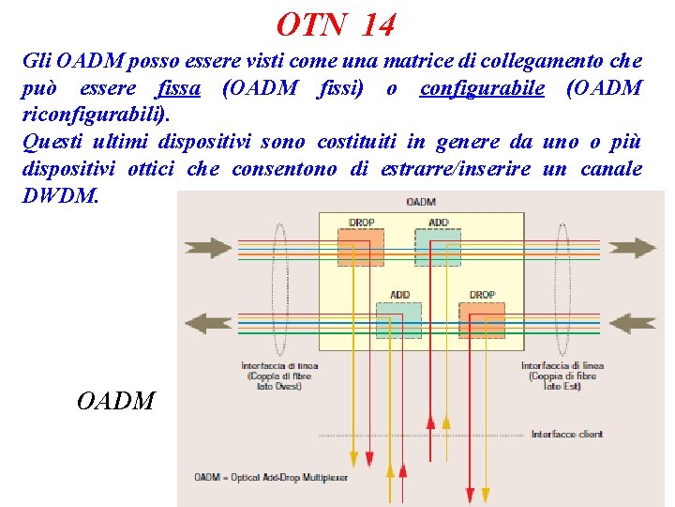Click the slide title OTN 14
tap(337, 24)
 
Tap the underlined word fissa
tap(179, 89)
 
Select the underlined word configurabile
tap(482, 89)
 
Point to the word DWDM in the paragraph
tap(58, 197)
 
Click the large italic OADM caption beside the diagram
tap(116, 401)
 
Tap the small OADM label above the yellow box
tap(421, 202)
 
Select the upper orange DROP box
tap(361, 246)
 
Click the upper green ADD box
tap(438, 246)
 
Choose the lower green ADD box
tap(399, 318)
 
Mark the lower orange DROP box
tap(482, 318)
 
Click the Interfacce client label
tap(567, 434)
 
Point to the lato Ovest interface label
tap(279, 376)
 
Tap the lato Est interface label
tap(562, 376)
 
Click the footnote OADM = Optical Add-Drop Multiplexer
tap(271, 478)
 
